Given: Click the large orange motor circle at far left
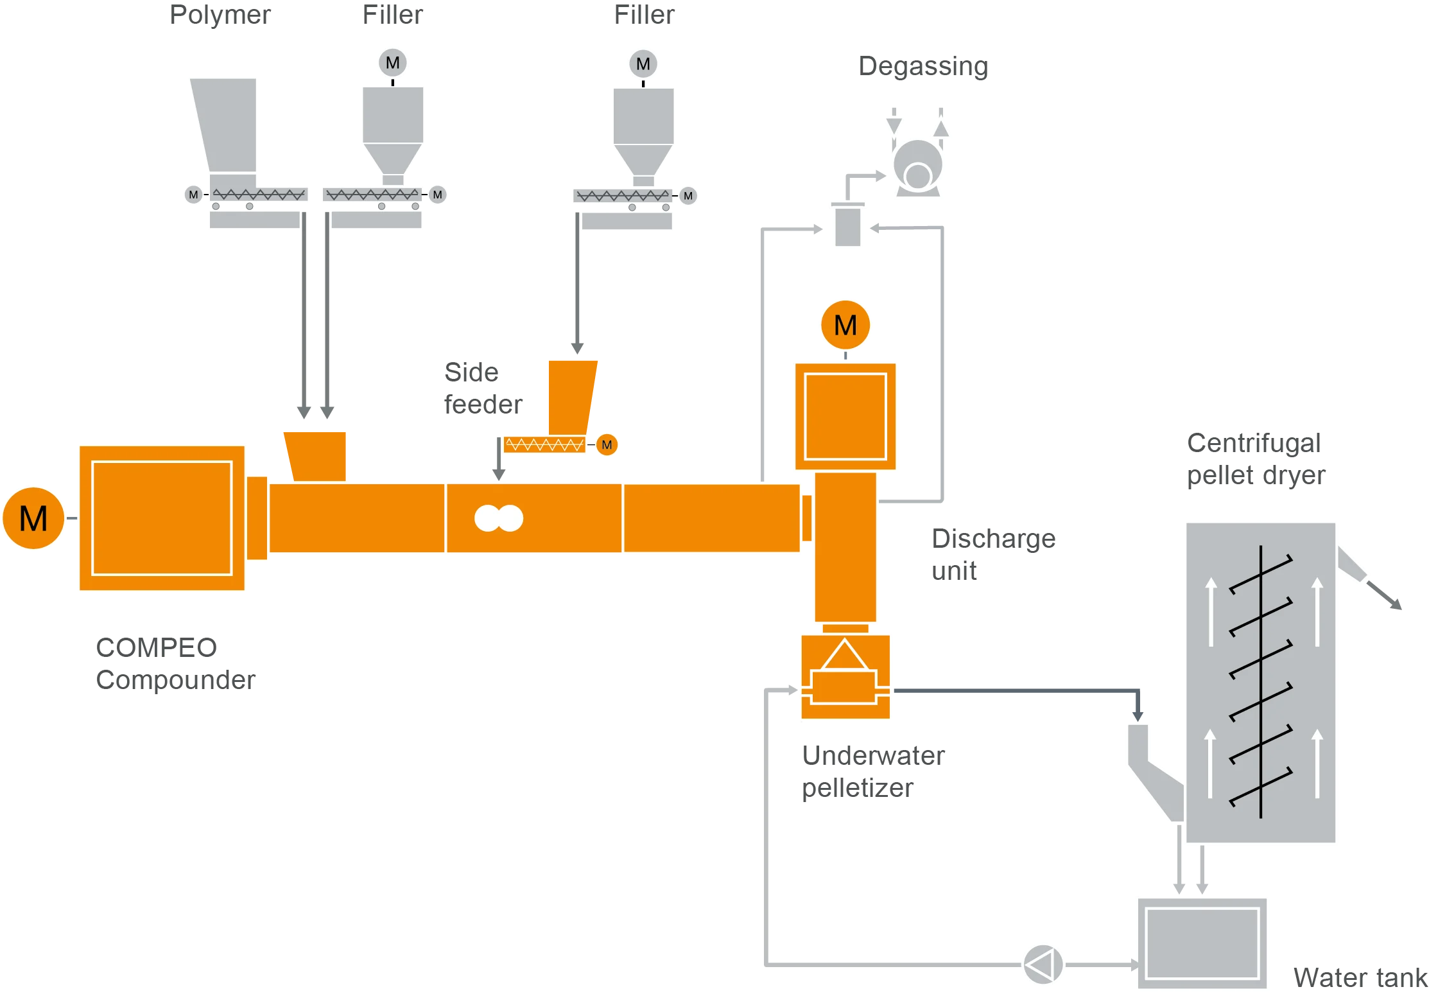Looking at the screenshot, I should tap(33, 518).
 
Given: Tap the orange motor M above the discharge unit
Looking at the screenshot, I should tap(845, 325).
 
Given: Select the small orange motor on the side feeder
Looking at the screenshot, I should tap(607, 444).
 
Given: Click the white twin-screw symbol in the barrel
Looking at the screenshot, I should tap(499, 518).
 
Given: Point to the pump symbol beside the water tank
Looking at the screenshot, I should tap(1043, 964).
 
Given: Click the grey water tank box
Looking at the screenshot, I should tap(1202, 943).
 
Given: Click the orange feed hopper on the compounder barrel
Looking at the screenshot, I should tap(316, 455).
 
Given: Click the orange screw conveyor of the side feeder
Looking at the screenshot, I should tap(544, 444).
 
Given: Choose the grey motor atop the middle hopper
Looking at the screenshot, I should tap(393, 63).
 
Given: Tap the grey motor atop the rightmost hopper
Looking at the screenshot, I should tap(643, 64).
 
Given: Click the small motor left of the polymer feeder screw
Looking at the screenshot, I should tap(193, 195).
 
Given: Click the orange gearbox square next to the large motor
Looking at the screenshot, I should tap(162, 518).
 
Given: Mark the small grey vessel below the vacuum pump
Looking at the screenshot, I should tap(847, 225).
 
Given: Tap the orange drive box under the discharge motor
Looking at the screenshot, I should tap(845, 416).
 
